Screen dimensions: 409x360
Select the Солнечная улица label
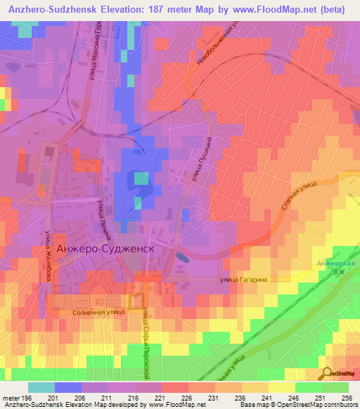pyautogui.click(x=98, y=310)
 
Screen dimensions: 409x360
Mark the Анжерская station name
pyautogui.click(x=336, y=264)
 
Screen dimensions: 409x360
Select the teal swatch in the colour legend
pyautogui.click(x=41, y=387)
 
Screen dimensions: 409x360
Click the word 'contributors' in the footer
pyautogui.click(x=338, y=405)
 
